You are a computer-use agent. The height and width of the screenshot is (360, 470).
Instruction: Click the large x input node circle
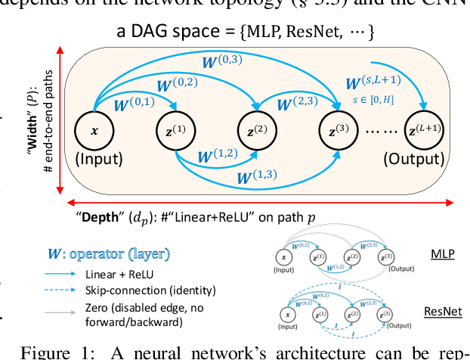(94, 130)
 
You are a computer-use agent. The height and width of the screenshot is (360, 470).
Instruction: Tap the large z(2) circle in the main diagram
(257, 130)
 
